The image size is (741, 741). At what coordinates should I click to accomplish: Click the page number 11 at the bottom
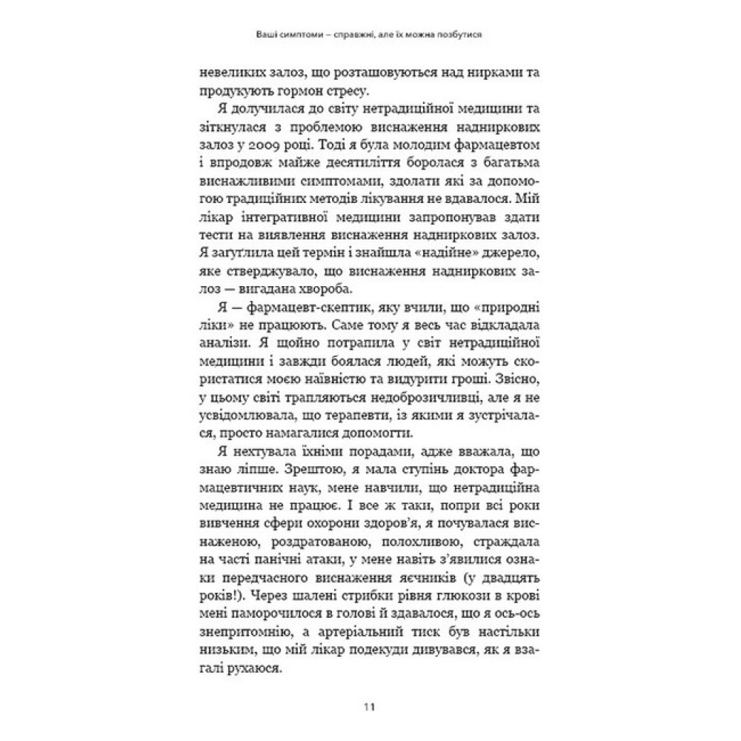pyautogui.click(x=369, y=705)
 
